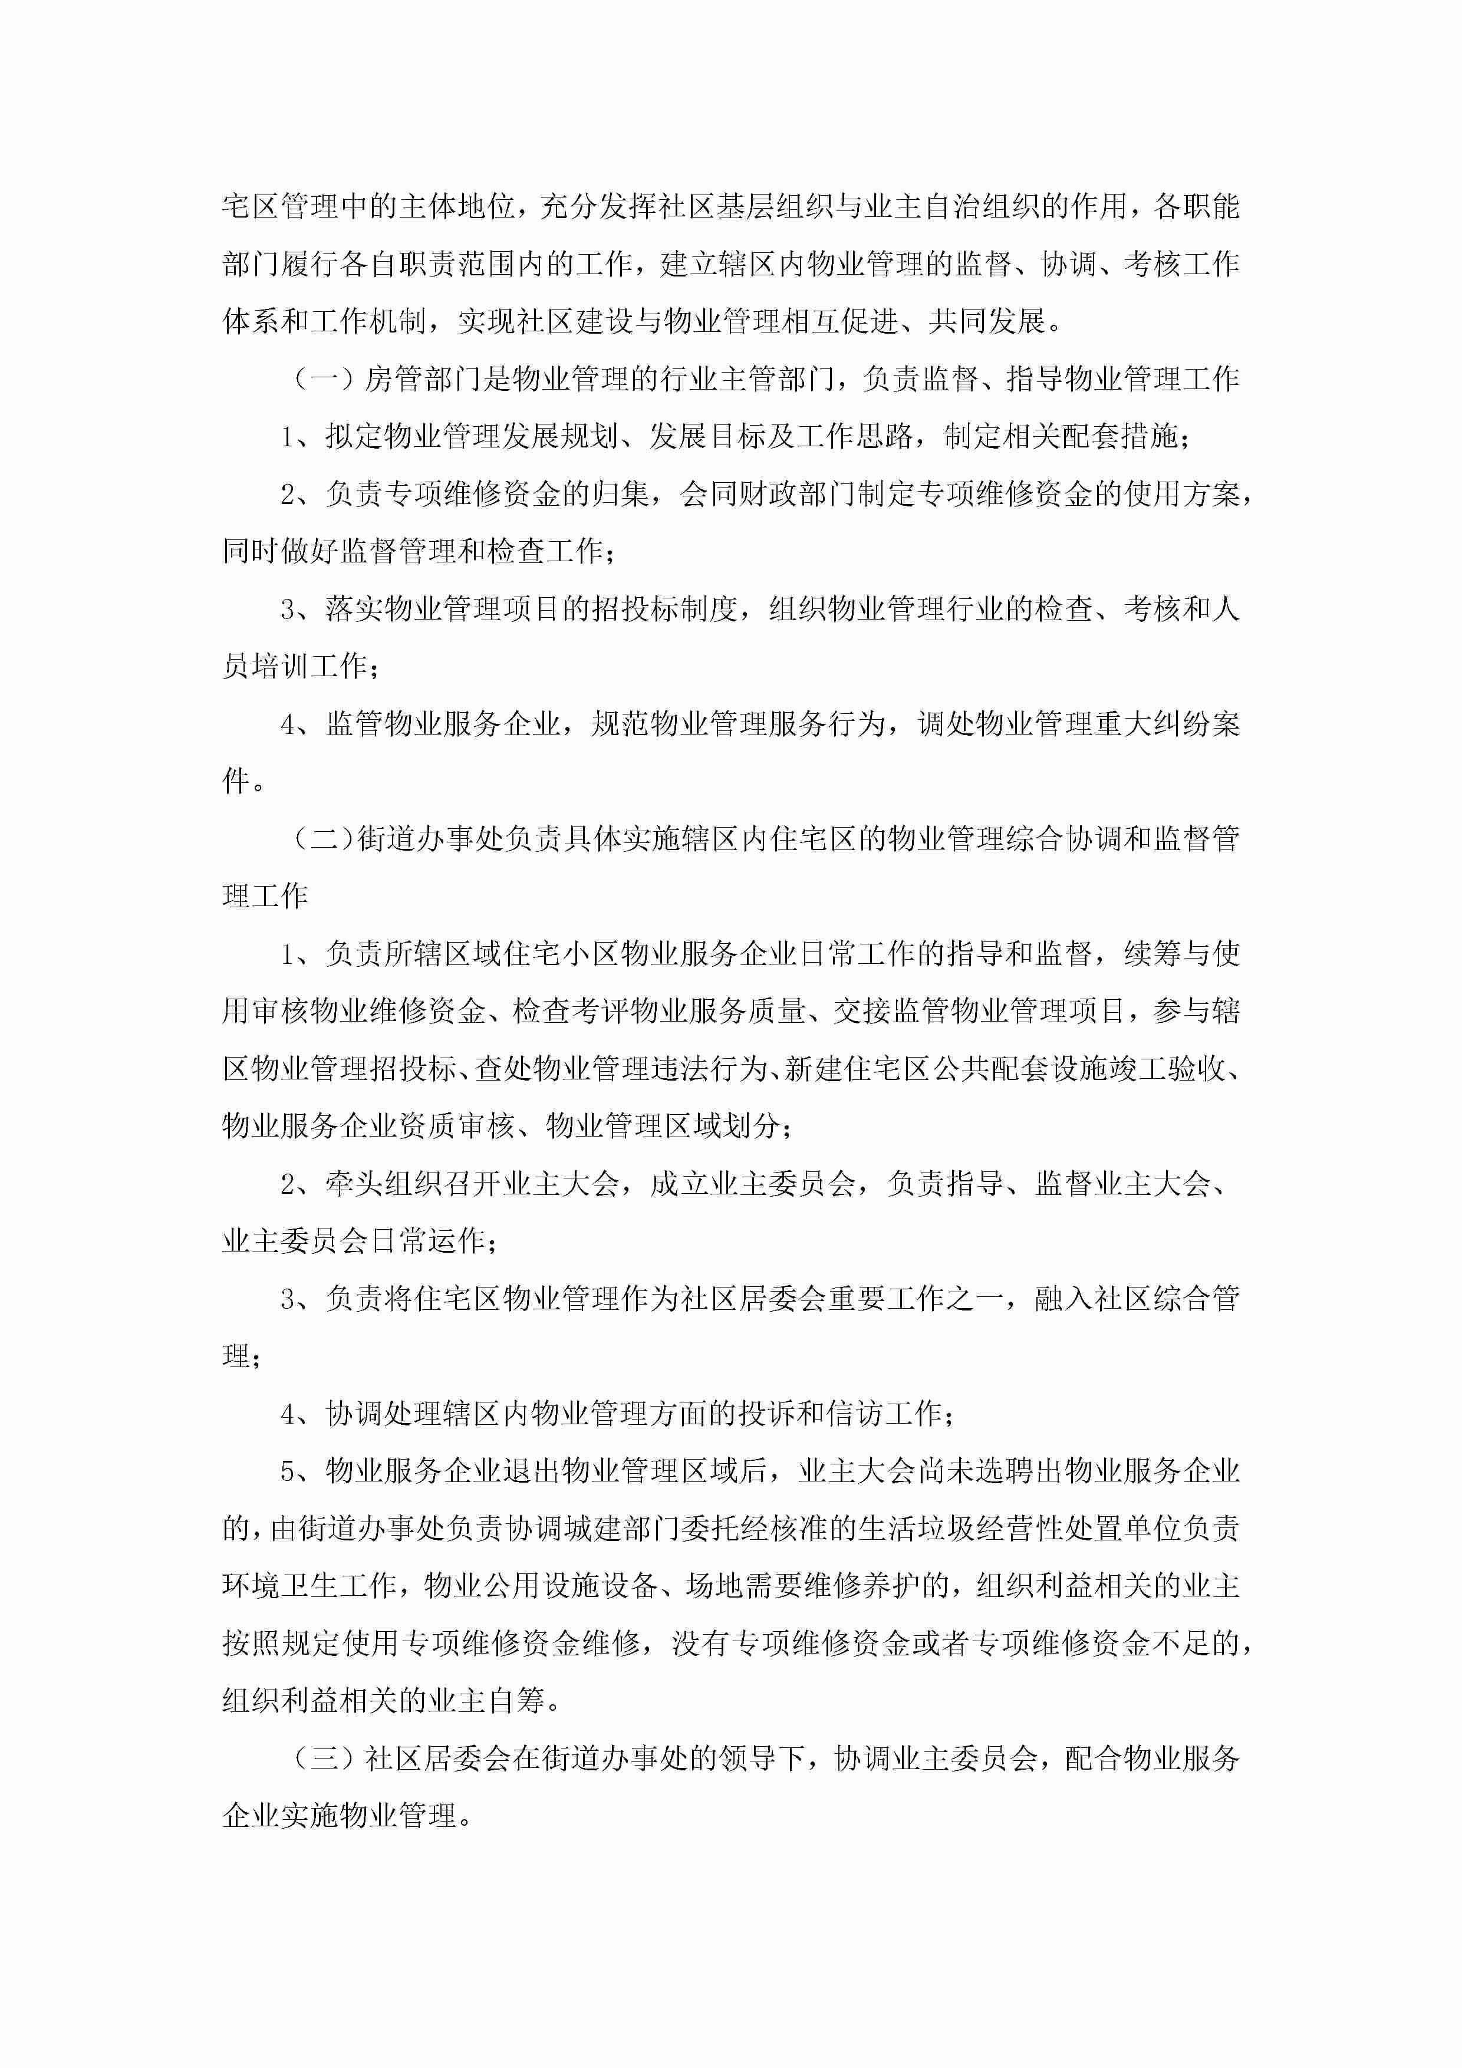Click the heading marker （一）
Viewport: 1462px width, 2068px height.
324,379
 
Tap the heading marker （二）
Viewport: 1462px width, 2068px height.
324,839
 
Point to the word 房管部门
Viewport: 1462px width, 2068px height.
423,379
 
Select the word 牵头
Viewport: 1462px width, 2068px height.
355,1184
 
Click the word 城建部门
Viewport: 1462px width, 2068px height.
623,1529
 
